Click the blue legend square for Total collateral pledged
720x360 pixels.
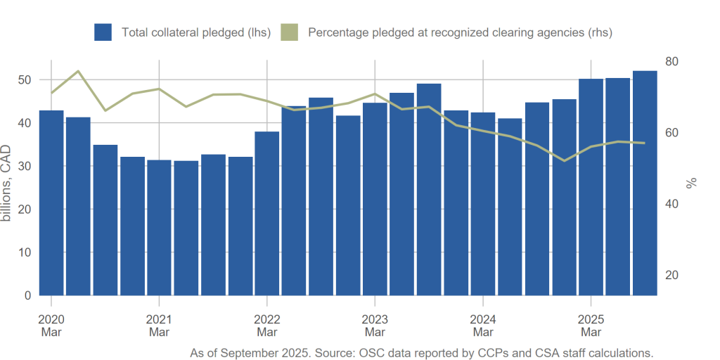click(103, 32)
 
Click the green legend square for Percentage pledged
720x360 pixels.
click(289, 32)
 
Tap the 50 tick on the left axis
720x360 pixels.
click(26, 80)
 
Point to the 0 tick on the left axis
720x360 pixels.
click(29, 295)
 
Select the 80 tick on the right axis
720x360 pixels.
click(671, 62)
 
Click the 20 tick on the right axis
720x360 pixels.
click(671, 275)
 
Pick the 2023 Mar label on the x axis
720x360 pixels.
click(375, 326)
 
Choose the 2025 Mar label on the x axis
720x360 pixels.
click(591, 326)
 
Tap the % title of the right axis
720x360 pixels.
click(692, 183)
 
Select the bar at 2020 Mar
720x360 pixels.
click(51, 204)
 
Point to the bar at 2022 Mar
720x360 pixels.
click(267, 214)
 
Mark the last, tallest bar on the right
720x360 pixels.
click(645, 183)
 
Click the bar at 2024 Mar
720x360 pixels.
click(483, 204)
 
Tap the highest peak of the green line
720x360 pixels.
click(78, 71)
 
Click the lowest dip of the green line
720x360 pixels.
click(564, 161)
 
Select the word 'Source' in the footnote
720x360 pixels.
click(335, 353)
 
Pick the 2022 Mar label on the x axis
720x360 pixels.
click(267, 326)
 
